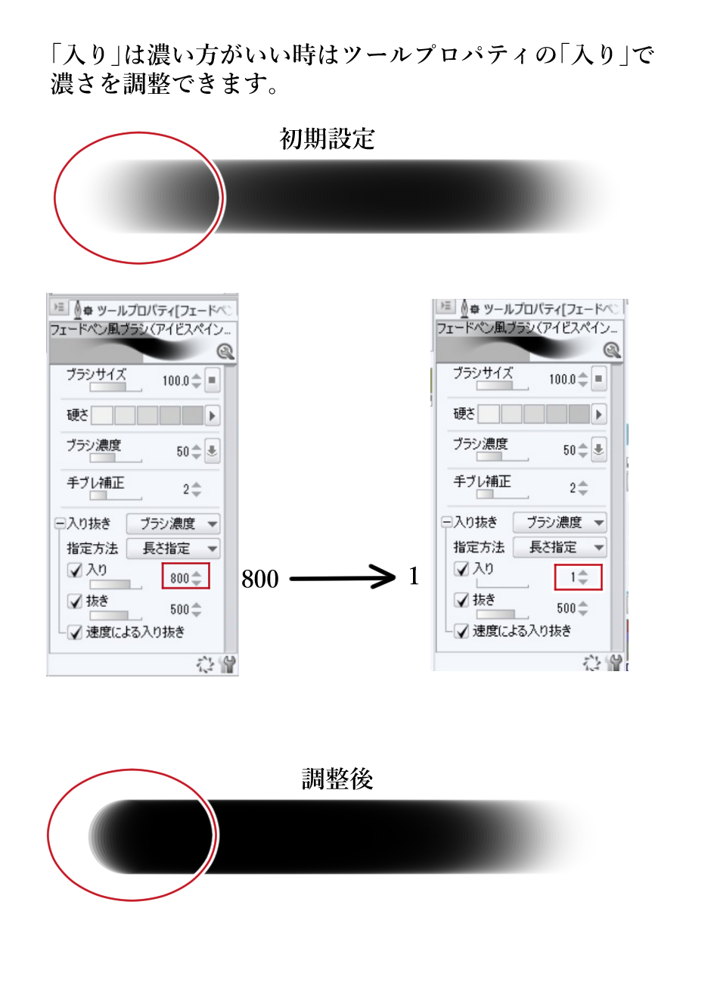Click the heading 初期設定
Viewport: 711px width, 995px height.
click(327, 138)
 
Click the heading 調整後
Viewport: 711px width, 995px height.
click(337, 779)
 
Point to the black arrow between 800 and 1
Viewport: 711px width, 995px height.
click(342, 579)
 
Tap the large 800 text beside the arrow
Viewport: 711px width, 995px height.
click(260, 579)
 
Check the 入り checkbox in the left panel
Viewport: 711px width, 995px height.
click(75, 570)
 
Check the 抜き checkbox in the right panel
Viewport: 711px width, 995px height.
click(461, 600)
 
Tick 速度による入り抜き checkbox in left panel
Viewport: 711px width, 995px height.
click(75, 632)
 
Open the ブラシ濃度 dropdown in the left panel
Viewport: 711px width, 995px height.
click(172, 524)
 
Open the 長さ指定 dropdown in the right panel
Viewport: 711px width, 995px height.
click(560, 547)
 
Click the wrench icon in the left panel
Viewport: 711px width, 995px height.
click(227, 664)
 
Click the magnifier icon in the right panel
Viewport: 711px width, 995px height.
click(612, 350)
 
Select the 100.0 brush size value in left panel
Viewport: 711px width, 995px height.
click(175, 381)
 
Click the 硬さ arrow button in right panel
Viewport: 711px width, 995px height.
click(599, 414)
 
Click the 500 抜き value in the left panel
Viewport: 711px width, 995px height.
click(180, 609)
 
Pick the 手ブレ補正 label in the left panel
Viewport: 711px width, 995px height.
click(95, 482)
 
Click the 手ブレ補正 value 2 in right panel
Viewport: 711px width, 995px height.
click(573, 488)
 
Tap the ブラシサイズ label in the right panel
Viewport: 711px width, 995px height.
click(483, 372)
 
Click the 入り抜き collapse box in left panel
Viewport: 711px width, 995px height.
click(60, 524)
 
